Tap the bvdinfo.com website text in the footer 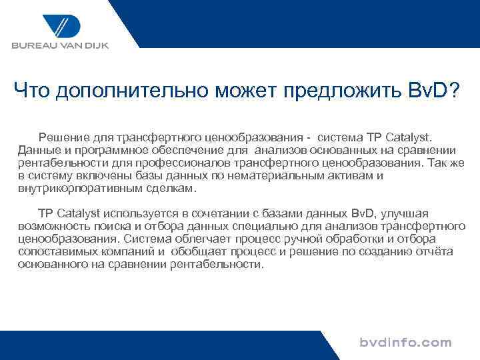point(405,343)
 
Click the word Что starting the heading point(32,89)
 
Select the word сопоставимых point(56,251)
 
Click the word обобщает point(198,251)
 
